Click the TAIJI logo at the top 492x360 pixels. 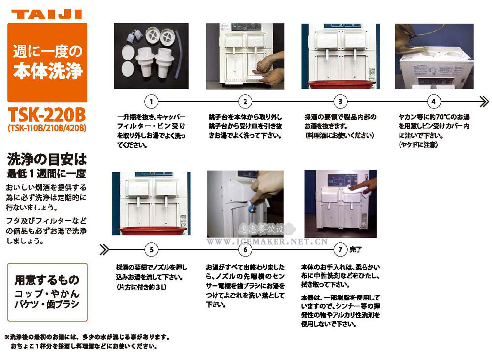pyautogui.click(x=47, y=14)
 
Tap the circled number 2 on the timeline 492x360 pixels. pyautogui.click(x=245, y=102)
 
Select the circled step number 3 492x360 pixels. pyautogui.click(x=340, y=102)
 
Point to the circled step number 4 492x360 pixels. pyautogui.click(x=433, y=102)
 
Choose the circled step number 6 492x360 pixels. pyautogui.click(x=245, y=249)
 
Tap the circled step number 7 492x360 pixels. pyautogui.click(x=340, y=249)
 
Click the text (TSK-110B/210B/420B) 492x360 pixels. pyautogui.click(x=47, y=129)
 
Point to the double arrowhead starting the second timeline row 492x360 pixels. pyautogui.click(x=104, y=249)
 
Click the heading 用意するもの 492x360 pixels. pyautogui.click(x=47, y=280)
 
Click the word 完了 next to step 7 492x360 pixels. pyautogui.click(x=355, y=250)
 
